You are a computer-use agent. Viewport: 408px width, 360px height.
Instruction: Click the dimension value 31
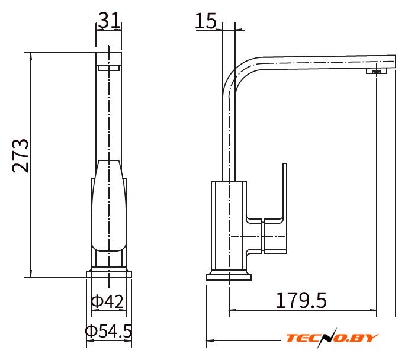pyautogui.click(x=110, y=20)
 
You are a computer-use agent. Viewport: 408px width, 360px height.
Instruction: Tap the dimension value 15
pyautogui.click(x=205, y=21)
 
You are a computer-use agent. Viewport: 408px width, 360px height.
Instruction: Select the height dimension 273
pyautogui.click(x=20, y=156)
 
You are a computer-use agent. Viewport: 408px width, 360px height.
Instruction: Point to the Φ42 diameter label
pyautogui.click(x=107, y=301)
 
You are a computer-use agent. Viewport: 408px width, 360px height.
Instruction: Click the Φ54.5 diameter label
pyautogui.click(x=108, y=330)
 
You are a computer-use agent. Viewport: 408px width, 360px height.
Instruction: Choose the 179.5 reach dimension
pyautogui.click(x=301, y=300)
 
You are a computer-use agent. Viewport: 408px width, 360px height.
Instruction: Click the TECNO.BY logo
pyautogui.click(x=332, y=338)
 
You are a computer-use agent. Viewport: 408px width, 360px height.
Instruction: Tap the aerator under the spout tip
pyautogui.click(x=377, y=70)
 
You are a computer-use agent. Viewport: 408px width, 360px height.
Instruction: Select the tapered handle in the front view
pyautogui.click(x=109, y=205)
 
